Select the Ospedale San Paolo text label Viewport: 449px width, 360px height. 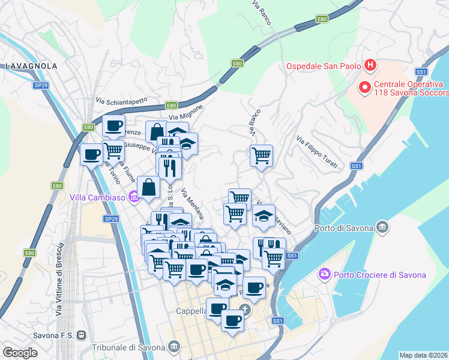323,65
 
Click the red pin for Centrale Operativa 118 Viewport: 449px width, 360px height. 364,88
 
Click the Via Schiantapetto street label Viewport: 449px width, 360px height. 121,102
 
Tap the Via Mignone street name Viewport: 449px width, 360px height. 187,112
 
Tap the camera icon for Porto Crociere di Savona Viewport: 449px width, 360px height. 325,274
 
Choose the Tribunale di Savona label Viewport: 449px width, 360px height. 128,347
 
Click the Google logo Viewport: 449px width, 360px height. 20,353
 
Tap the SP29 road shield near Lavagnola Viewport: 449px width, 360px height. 40,86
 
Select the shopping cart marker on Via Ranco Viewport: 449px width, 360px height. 261,156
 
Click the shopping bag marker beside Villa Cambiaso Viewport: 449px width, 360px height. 148,187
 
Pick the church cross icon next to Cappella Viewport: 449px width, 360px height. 244,310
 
